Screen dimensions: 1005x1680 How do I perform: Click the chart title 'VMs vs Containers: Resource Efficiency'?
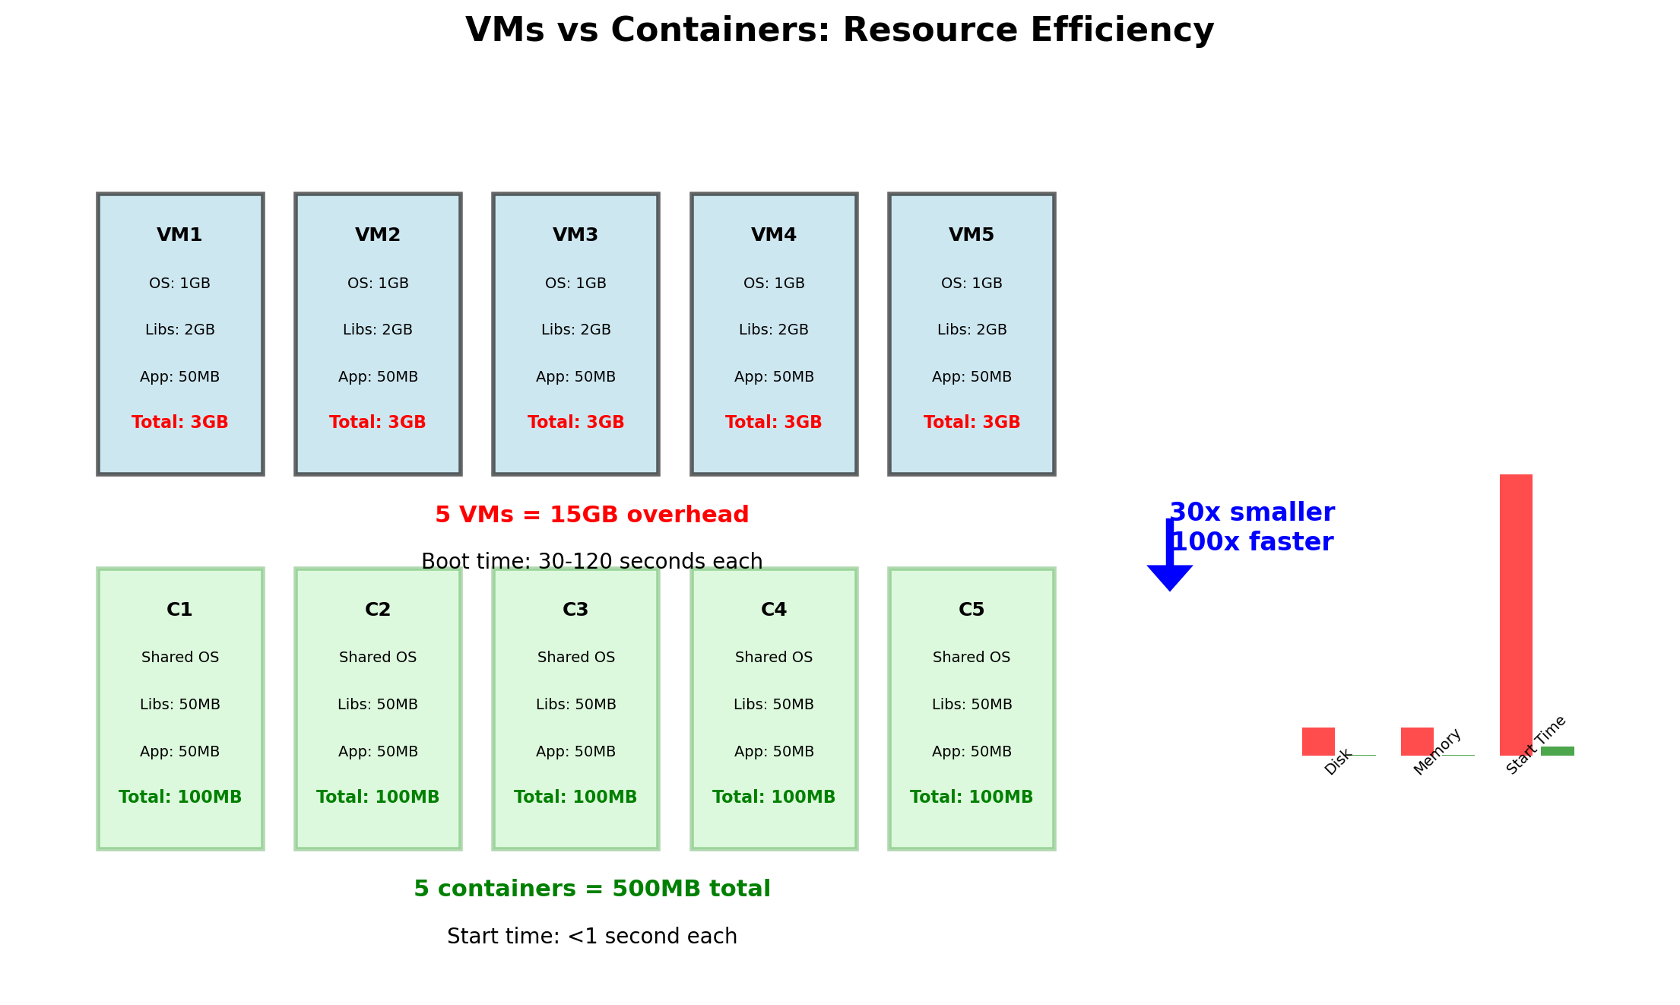[839, 30]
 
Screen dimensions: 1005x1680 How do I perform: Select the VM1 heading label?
[179, 235]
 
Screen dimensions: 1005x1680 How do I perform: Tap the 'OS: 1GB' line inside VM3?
[575, 284]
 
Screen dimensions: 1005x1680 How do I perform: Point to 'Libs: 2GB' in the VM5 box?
[972, 330]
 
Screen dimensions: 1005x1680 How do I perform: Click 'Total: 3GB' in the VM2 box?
[378, 423]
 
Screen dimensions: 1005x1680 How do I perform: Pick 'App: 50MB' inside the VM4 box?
[774, 377]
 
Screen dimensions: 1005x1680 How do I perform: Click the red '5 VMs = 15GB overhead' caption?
[591, 515]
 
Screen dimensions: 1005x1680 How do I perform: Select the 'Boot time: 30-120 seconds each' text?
[591, 562]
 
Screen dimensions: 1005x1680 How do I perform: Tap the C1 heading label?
[179, 610]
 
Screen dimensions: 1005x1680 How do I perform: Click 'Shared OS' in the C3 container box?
[575, 658]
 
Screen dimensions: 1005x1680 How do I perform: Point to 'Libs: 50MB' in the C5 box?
[972, 705]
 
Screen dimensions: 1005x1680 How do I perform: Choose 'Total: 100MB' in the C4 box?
[774, 797]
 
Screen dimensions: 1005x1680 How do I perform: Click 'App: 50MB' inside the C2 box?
[378, 752]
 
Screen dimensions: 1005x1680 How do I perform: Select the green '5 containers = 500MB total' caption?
[591, 889]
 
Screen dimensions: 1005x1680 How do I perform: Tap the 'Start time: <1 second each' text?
[591, 937]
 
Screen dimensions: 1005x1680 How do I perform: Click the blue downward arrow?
[1169, 563]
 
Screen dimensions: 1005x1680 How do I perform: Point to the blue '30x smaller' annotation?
[1252, 513]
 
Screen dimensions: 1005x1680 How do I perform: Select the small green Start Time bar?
[1557, 751]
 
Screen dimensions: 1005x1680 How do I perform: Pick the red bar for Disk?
[1318, 741]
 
